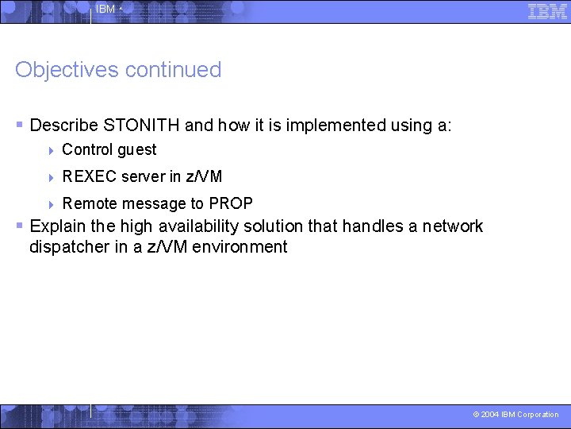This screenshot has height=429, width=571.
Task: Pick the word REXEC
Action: pyautogui.click(x=89, y=176)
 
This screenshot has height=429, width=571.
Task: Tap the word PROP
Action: pyautogui.click(x=231, y=203)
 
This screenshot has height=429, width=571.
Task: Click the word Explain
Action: pyautogui.click(x=59, y=226)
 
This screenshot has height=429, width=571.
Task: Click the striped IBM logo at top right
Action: pyautogui.click(x=547, y=11)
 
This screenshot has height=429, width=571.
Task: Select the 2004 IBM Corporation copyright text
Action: pyautogui.click(x=515, y=415)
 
